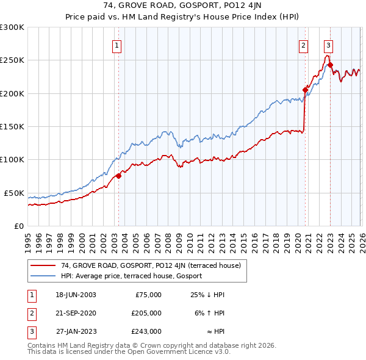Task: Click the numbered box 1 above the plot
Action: tap(117, 45)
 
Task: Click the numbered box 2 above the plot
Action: tap(303, 45)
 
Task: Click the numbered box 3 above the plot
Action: tap(328, 45)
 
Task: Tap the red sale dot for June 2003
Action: tap(118, 176)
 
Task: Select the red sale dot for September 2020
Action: tap(305, 90)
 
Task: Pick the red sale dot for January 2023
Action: tap(330, 65)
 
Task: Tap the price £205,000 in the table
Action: tap(146, 312)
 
